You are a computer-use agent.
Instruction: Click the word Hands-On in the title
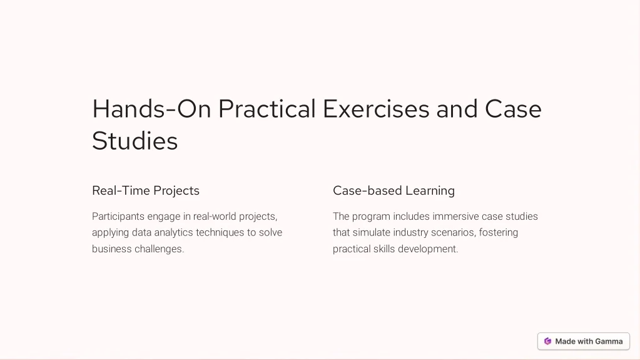151,109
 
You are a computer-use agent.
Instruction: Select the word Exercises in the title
376,109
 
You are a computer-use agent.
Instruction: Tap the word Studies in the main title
135,141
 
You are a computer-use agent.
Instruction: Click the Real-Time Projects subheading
146,191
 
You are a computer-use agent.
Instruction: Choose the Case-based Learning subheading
394,191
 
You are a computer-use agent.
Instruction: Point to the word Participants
118,217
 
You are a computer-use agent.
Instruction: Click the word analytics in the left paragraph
173,233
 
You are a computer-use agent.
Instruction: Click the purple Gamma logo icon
548,341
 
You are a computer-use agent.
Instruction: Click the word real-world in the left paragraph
215,217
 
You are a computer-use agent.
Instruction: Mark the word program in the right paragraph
371,217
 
